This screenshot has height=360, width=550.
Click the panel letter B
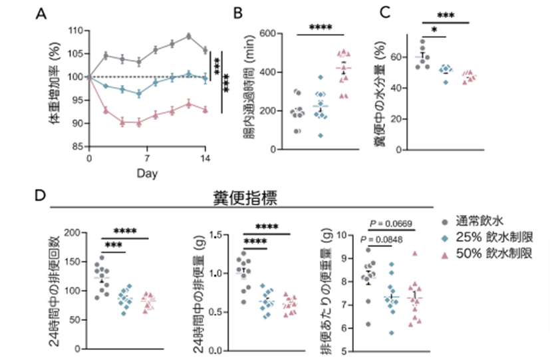tap(237, 12)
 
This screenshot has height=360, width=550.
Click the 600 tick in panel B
tap(269, 34)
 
